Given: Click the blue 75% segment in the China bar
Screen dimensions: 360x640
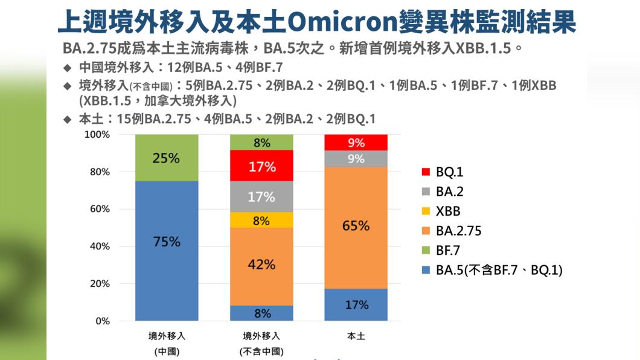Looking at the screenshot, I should (x=167, y=251).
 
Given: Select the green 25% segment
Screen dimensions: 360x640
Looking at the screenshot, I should (x=167, y=158).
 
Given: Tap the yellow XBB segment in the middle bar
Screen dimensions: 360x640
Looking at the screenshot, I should (x=261, y=220).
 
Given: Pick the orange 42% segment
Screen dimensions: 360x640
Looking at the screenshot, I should (x=261, y=266).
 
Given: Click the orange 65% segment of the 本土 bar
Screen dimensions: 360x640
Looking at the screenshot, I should (x=356, y=227).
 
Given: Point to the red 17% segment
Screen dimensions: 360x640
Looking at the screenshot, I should (x=261, y=166).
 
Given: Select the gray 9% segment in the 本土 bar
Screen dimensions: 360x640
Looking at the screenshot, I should (x=356, y=159).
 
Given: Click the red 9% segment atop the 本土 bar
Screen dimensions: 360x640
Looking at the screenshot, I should (x=356, y=143).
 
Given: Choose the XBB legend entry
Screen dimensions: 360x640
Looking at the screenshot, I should (x=447, y=211).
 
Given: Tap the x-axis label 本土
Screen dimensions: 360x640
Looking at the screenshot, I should (x=356, y=336).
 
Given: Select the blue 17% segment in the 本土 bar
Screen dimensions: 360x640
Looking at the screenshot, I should (x=356, y=305).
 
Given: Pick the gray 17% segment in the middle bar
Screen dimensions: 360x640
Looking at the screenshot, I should (x=261, y=197).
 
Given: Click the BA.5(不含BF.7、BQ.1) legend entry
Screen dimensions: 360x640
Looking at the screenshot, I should (x=498, y=271).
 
